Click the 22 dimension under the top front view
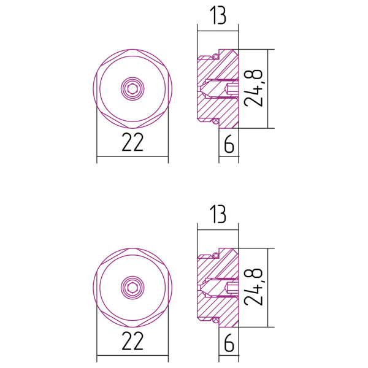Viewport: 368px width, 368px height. pyautogui.click(x=132, y=142)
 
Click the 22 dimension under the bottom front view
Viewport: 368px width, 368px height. pyautogui.click(x=132, y=340)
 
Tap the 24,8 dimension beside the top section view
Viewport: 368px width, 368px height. pyautogui.click(x=257, y=89)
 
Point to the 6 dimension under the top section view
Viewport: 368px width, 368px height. pyautogui.click(x=229, y=144)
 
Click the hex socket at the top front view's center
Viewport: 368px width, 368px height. pyautogui.click(x=132, y=89)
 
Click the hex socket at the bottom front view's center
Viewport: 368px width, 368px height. pyautogui.click(x=132, y=287)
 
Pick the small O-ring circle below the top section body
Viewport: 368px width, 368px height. pyautogui.click(x=216, y=123)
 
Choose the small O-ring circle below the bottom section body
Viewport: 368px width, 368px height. pyautogui.click(x=216, y=321)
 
